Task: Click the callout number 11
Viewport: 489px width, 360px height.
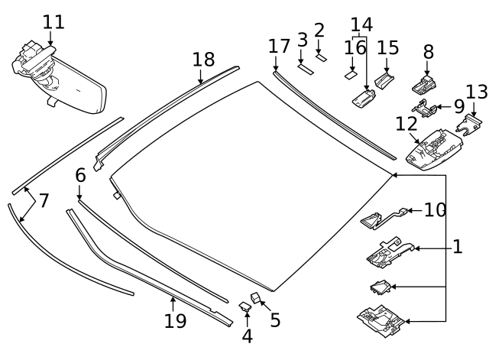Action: (x=53, y=21)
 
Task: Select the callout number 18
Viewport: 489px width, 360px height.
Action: (x=203, y=60)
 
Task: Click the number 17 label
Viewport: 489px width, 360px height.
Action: (x=279, y=46)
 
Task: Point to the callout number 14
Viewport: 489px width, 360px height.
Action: (x=361, y=24)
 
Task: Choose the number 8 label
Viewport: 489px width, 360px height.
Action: (x=428, y=52)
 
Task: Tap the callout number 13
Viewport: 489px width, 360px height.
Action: (x=476, y=92)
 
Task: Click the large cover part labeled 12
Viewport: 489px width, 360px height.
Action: (x=432, y=145)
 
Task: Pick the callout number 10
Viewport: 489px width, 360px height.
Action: (x=435, y=209)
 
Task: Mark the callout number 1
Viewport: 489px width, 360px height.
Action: (x=457, y=247)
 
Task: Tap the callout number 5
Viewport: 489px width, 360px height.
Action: (x=275, y=319)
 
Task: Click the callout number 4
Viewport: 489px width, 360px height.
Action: (x=247, y=336)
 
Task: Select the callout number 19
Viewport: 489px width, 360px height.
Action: (x=175, y=320)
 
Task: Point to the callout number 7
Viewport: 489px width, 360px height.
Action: (x=44, y=201)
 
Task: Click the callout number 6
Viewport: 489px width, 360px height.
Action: (x=80, y=175)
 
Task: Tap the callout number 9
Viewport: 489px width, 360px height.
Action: (x=458, y=106)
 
